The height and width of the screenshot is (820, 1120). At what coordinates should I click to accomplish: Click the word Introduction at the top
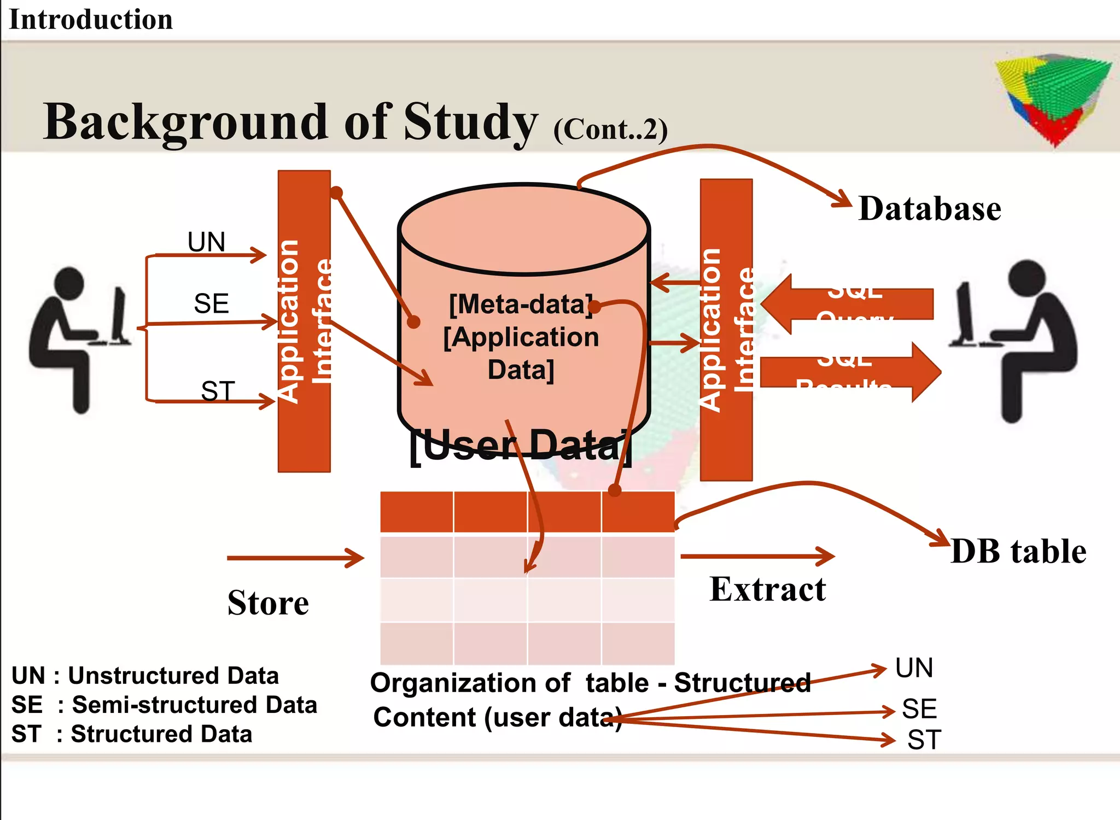(91, 20)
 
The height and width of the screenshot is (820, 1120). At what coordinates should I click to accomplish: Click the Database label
(930, 209)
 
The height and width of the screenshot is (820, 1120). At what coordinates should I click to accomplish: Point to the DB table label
(1018, 551)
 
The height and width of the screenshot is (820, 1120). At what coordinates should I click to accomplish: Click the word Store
(268, 603)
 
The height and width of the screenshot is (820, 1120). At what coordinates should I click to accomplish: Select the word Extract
(768, 589)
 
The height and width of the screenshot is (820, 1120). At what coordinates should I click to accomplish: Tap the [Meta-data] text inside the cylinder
(521, 304)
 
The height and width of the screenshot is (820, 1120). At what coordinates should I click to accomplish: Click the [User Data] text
(521, 446)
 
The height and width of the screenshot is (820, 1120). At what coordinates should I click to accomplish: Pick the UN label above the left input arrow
(206, 242)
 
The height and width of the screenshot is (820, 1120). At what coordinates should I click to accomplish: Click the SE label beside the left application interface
(211, 303)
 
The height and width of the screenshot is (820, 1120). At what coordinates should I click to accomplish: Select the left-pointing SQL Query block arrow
(848, 304)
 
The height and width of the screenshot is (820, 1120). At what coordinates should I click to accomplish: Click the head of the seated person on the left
(69, 283)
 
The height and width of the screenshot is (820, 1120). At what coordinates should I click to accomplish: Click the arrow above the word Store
(295, 558)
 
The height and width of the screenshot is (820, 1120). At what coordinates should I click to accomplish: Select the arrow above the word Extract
(757, 557)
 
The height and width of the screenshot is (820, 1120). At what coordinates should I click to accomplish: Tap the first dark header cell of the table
(417, 512)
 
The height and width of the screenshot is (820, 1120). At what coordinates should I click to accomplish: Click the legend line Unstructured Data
(145, 676)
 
